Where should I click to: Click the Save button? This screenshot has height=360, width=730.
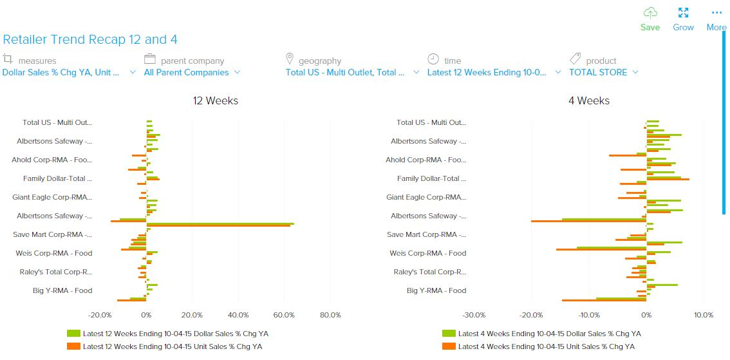point(650,19)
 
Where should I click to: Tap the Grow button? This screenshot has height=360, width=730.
point(683,19)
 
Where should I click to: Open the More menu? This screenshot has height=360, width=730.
point(716,19)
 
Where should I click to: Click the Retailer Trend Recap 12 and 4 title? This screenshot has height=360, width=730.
point(90,40)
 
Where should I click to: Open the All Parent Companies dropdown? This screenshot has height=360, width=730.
point(192,73)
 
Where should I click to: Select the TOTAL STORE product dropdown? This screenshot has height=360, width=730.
point(603,73)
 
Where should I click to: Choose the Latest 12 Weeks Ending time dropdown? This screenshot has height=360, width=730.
point(493,73)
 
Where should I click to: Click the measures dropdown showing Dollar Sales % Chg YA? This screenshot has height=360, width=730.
point(68,73)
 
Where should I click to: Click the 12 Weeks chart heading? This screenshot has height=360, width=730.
point(216,100)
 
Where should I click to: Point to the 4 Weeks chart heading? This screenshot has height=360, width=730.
point(588,100)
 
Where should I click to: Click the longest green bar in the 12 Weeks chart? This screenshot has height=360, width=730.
point(220,223)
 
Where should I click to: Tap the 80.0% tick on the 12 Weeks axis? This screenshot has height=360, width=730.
point(330,315)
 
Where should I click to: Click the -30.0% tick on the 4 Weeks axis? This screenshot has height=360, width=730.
point(474,315)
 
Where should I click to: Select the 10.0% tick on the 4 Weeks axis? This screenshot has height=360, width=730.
point(703,315)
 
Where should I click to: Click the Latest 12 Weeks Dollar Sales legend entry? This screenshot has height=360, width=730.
point(164,334)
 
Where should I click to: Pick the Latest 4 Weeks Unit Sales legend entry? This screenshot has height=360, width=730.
point(541,346)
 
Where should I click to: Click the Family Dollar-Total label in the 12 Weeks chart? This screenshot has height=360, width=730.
point(57,178)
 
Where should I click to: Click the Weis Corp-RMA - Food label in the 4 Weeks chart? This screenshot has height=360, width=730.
point(428,253)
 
